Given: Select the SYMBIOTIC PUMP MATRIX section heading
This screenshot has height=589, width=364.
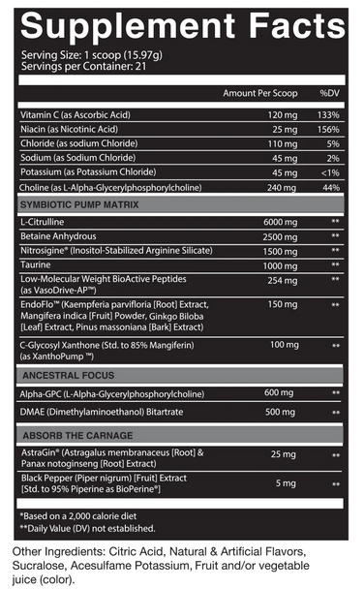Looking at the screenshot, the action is pos(79,204).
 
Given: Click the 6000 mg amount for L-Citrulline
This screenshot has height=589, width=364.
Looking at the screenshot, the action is pos(270,223).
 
